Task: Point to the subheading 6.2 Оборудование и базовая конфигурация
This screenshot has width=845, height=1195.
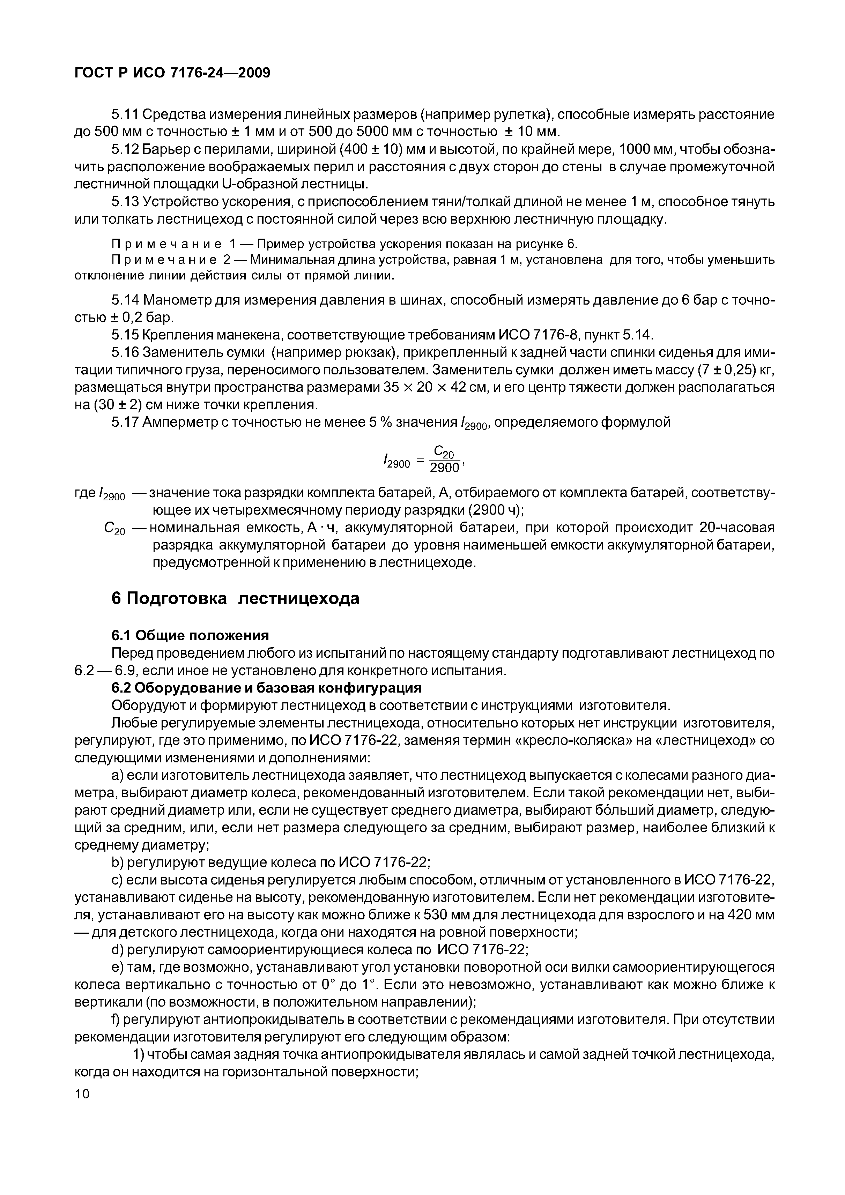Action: click(x=267, y=688)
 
